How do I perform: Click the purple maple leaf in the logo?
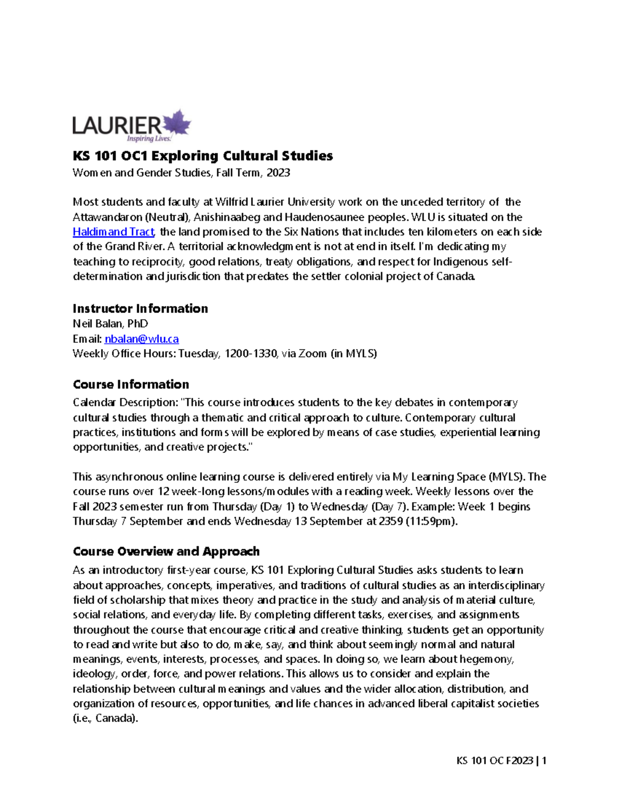point(177,123)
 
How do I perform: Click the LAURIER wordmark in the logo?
point(117,125)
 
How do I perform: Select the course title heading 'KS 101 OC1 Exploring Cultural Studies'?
point(203,156)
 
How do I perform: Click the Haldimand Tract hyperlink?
point(113,232)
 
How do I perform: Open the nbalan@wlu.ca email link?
point(141,339)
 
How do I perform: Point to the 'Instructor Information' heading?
point(140,309)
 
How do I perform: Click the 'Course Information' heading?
point(131,385)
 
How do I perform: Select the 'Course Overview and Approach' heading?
point(166,552)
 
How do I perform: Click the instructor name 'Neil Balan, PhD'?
point(110,324)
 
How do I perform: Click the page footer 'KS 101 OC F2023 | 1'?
point(501,761)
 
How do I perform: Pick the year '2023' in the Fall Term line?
point(278,173)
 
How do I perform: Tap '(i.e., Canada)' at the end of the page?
point(106,718)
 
